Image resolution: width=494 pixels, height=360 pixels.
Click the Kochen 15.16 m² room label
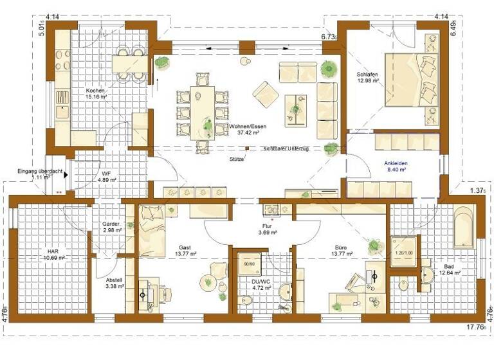coord(96,94)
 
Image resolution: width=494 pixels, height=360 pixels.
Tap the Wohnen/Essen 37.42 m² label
coord(247,130)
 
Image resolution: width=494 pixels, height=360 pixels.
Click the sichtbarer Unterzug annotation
coord(286,148)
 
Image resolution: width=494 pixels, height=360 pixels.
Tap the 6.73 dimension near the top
coord(329,38)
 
